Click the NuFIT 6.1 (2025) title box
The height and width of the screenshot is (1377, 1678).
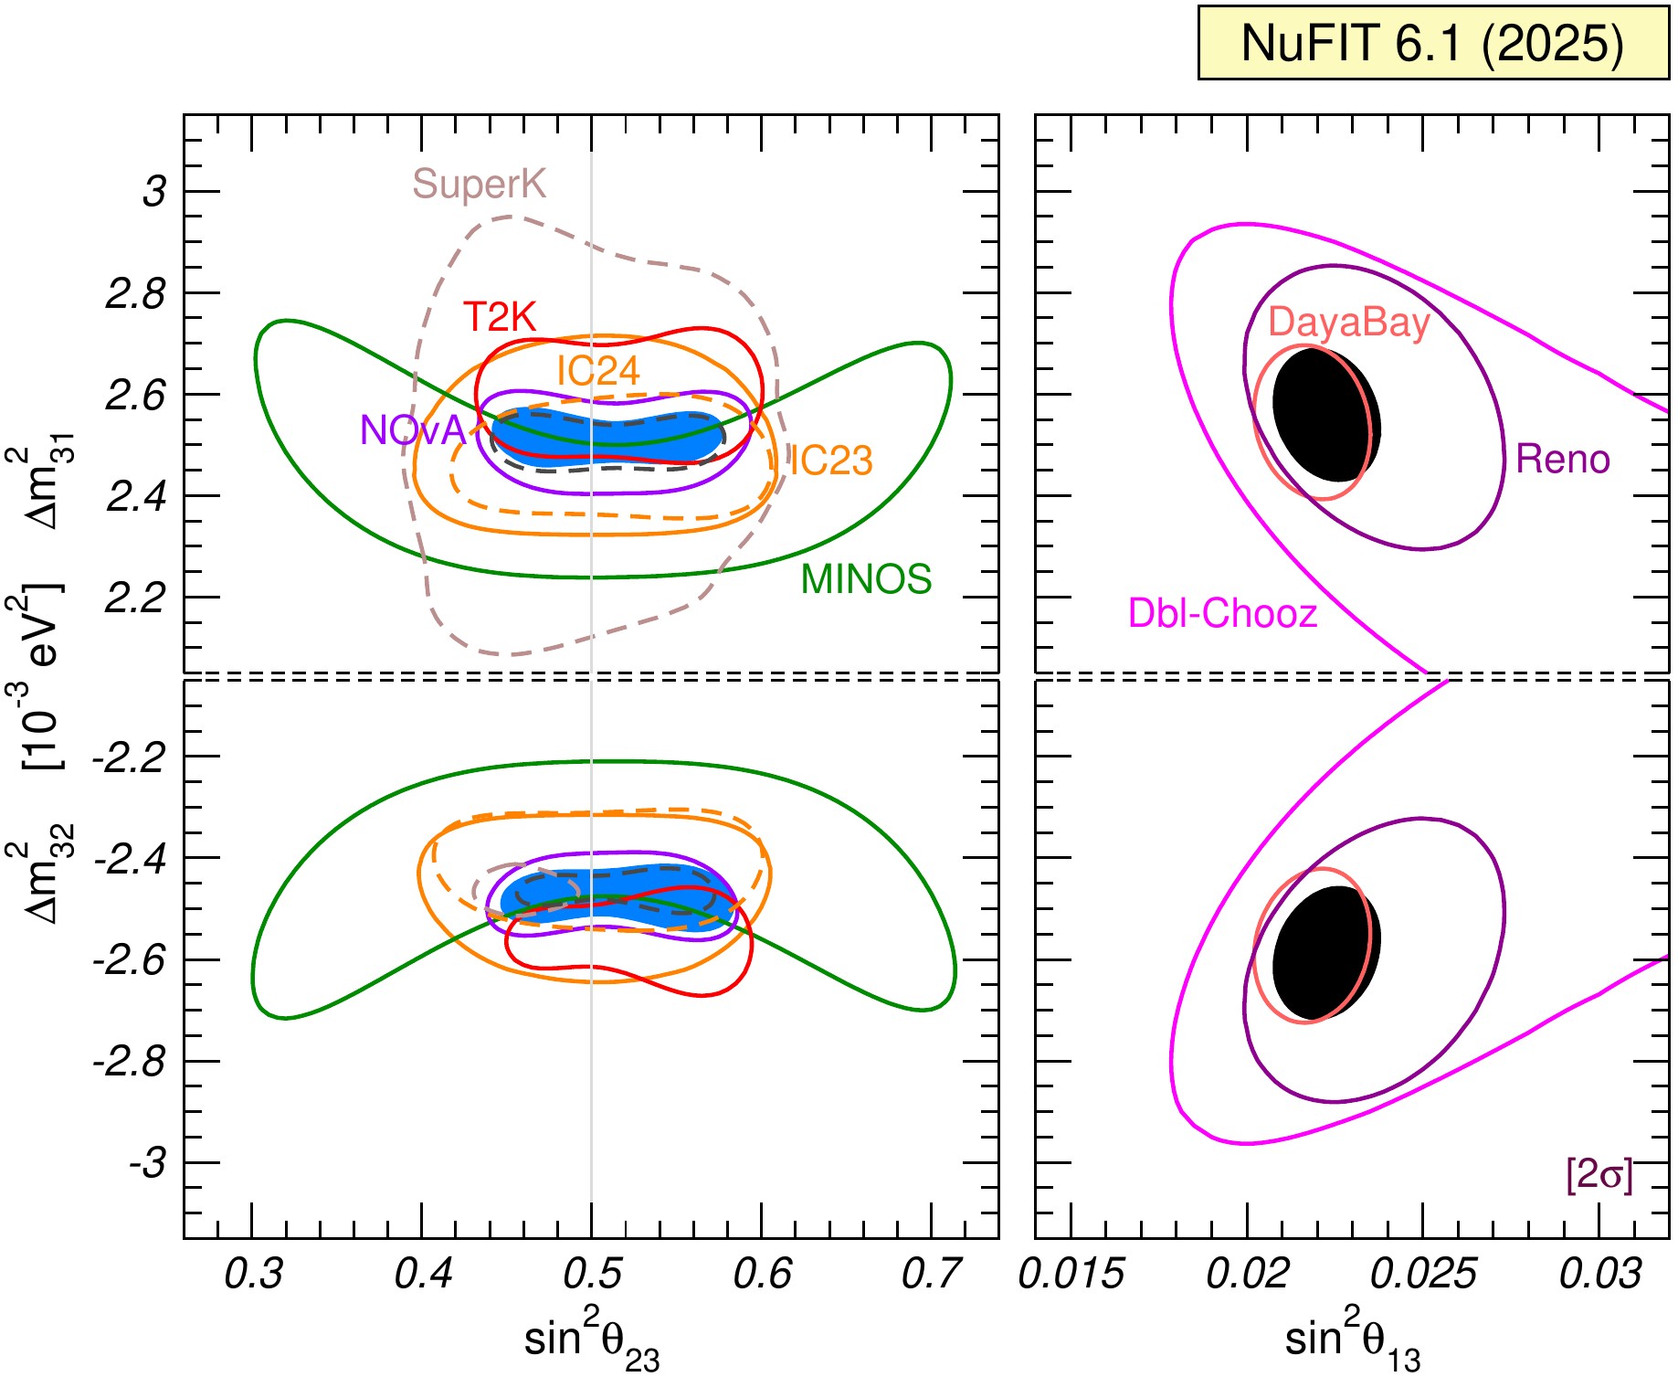[1432, 43]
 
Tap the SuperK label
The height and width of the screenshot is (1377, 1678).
[479, 185]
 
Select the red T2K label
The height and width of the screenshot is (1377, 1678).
[499, 317]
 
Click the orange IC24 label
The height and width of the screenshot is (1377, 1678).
[598, 371]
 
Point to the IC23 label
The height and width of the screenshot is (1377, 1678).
[831, 461]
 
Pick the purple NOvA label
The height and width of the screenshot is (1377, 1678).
[413, 430]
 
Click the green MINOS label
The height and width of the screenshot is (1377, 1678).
[866, 579]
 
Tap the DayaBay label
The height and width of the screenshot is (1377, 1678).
[1348, 323]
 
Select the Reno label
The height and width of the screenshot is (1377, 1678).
[1563, 459]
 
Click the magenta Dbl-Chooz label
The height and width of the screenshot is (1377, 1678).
[1222, 613]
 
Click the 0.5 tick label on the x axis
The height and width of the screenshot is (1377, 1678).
[592, 1274]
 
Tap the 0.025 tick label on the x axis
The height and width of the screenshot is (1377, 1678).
[1423, 1274]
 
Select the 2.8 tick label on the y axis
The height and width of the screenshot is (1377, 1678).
[136, 294]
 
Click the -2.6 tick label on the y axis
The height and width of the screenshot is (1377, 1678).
[130, 961]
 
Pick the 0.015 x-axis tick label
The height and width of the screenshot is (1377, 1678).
[1071, 1274]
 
